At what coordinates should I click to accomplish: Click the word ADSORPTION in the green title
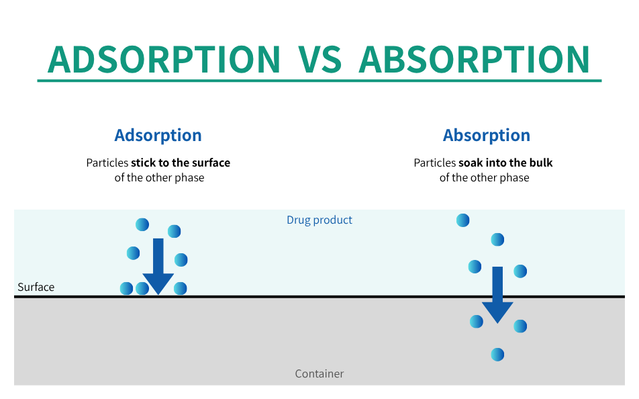pos(164,60)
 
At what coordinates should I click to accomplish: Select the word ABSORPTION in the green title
pos(475,60)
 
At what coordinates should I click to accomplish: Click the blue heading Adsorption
pos(158,136)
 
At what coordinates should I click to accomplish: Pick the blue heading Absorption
pos(487,136)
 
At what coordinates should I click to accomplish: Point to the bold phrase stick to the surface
pos(181,163)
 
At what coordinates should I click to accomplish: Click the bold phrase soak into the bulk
pos(505,163)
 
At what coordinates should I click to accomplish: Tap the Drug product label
pos(319,220)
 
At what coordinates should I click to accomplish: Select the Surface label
pos(36,287)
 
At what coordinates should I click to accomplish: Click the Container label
pos(319,373)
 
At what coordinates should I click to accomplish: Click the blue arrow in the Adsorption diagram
pos(158,267)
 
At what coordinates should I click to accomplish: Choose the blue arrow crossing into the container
pos(497,295)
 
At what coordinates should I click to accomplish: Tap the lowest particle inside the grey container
pos(497,355)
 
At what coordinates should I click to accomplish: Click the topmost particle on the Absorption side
pos(463,220)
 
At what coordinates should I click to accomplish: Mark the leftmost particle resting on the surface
pos(126,288)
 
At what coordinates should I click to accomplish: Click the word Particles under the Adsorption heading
pos(107,163)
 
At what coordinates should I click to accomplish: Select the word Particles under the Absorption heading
pos(435,163)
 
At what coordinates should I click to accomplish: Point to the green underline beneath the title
pos(319,81)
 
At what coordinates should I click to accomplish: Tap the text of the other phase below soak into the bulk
pos(484,178)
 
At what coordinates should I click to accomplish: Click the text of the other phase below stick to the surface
pos(159,178)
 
